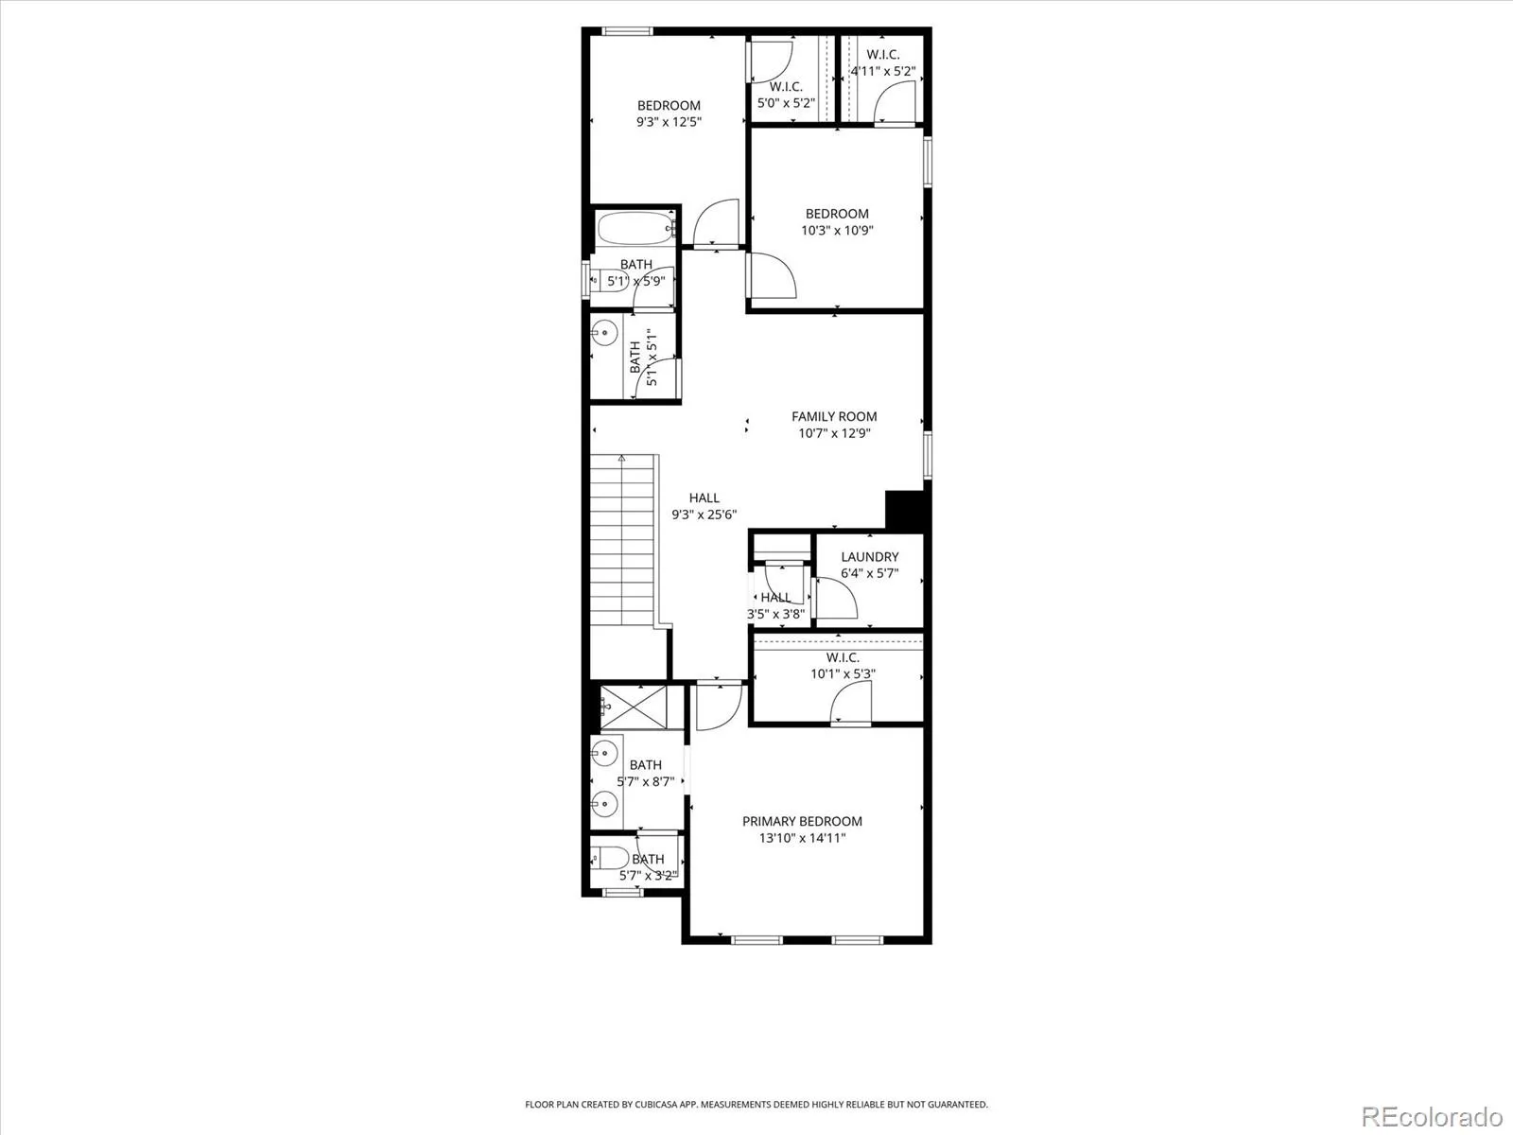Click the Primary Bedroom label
pyautogui.click(x=802, y=821)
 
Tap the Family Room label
pyautogui.click(x=834, y=416)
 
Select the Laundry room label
pyautogui.click(x=869, y=556)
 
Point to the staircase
pyautogui.click(x=621, y=540)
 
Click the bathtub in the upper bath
pyautogui.click(x=635, y=227)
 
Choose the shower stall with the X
pyautogui.click(x=634, y=707)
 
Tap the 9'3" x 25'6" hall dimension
pyautogui.click(x=704, y=515)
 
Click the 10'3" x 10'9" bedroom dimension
pyautogui.click(x=837, y=230)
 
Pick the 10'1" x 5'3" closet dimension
pyautogui.click(x=843, y=673)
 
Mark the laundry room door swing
pyautogui.click(x=836, y=598)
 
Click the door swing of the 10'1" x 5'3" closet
pyautogui.click(x=850, y=702)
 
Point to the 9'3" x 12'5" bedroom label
pyautogui.click(x=669, y=105)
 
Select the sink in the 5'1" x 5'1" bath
pyautogui.click(x=604, y=333)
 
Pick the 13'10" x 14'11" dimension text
pyautogui.click(x=802, y=838)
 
